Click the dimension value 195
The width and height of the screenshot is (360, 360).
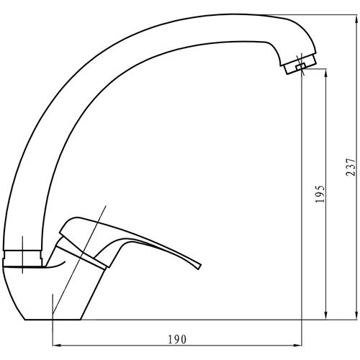[x=320, y=195]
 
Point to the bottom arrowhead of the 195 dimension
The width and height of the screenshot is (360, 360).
[x=328, y=315]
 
